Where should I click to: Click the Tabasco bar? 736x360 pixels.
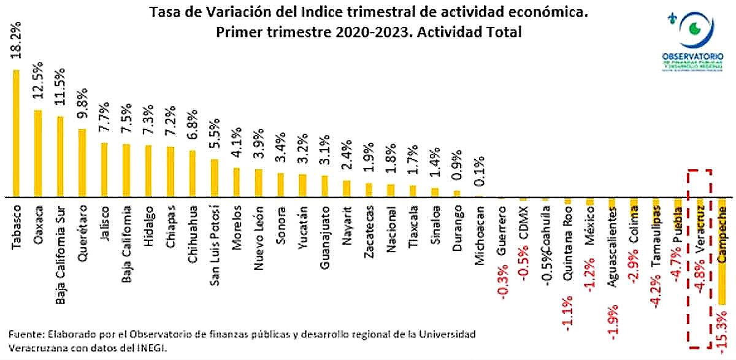coord(17,133)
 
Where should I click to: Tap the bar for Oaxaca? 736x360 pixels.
coord(38,153)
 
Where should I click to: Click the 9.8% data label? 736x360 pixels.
coord(82,105)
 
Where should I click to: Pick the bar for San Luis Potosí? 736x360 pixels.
coord(214,178)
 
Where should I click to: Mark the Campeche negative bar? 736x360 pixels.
coord(723,251)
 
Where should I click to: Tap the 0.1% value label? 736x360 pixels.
coord(479,174)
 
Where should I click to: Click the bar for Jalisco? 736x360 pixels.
coord(104,170)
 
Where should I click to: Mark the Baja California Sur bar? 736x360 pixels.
coord(60,156)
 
